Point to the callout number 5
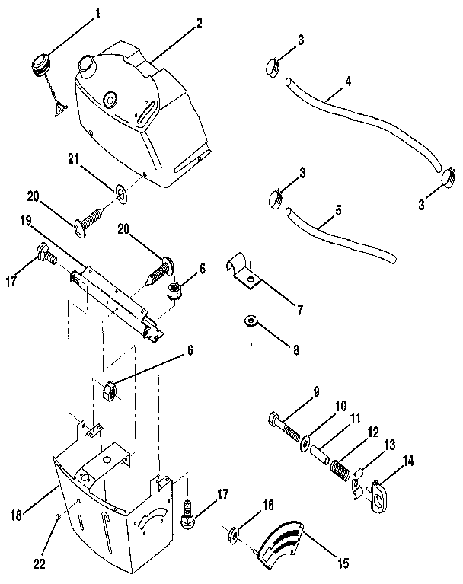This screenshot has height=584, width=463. [x=337, y=209]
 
